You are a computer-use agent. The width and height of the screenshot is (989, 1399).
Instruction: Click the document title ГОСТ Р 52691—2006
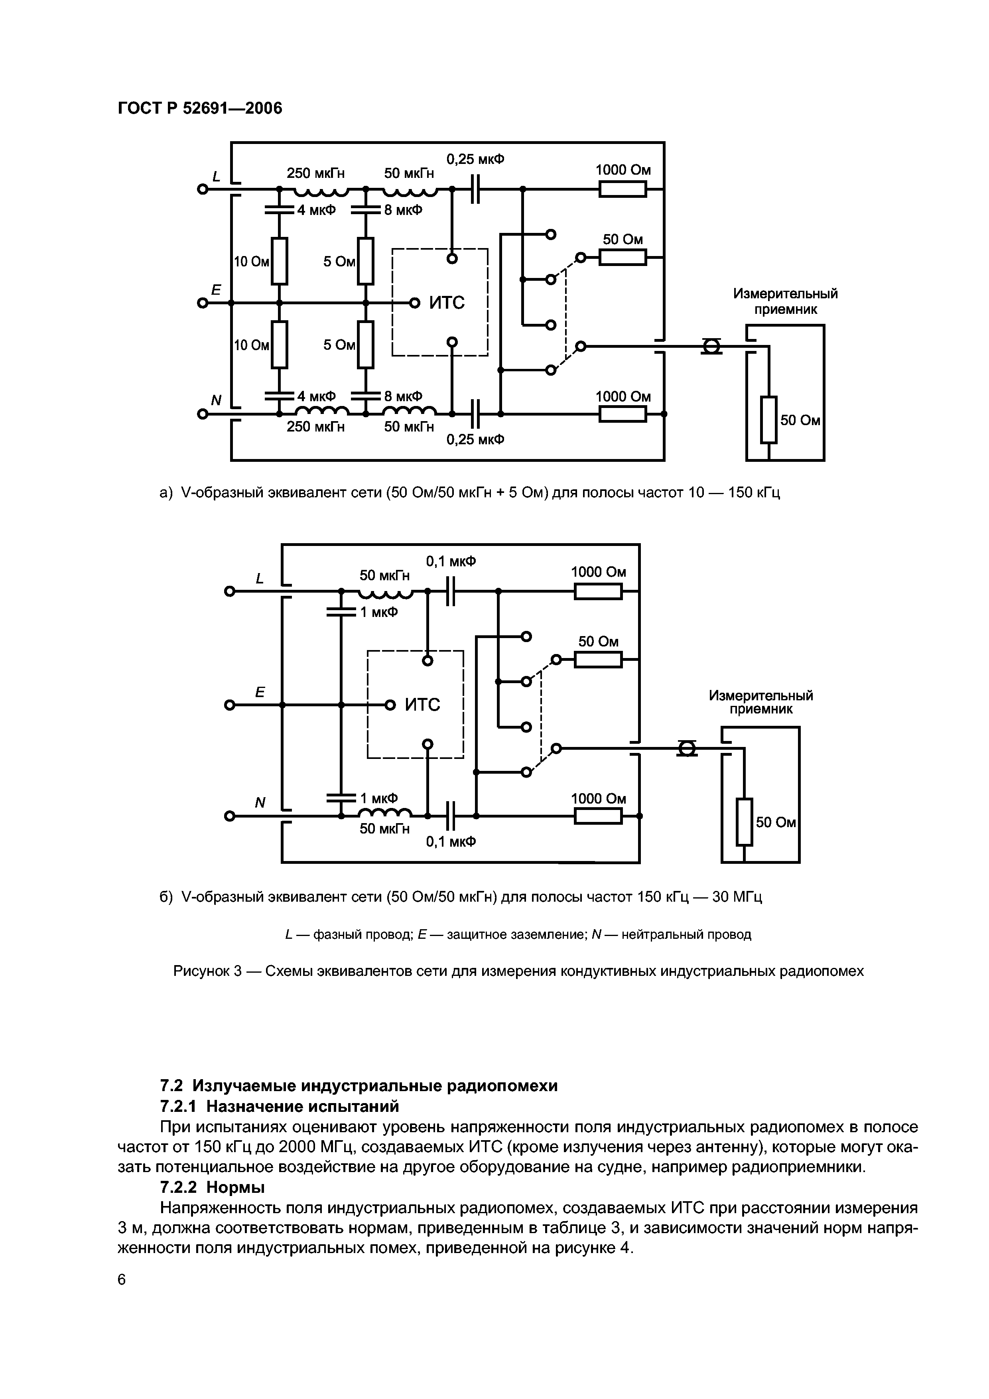pos(200,108)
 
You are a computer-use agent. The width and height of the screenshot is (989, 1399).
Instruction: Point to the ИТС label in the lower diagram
pos(422,705)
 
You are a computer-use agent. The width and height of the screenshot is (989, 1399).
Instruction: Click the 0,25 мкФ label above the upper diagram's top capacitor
pos(475,160)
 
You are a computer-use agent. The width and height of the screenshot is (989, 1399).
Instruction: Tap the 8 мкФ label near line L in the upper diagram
pos(403,210)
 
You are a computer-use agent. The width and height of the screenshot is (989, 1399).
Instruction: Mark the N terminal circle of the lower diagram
pos(230,816)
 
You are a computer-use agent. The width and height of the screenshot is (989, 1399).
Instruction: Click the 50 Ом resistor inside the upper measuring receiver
pos(769,420)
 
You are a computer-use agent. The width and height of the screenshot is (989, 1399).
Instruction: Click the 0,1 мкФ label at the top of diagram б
pos(451,561)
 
